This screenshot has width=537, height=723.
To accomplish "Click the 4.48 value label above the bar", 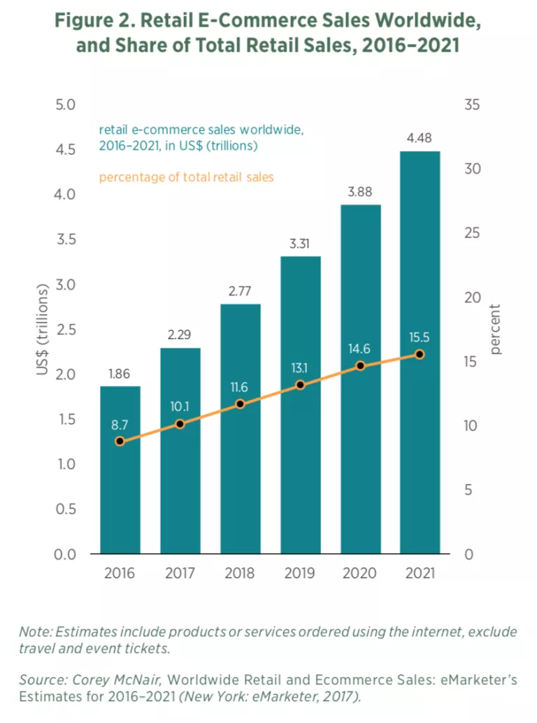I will click(x=419, y=138).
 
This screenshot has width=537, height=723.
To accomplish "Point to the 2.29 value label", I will click(x=180, y=335).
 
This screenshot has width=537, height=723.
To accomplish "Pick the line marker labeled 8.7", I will click(x=120, y=441).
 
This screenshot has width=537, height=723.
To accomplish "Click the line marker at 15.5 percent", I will click(x=420, y=355).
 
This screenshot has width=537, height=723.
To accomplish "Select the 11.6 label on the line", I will click(x=240, y=387).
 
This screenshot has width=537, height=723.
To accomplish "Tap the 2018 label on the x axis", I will click(x=240, y=573).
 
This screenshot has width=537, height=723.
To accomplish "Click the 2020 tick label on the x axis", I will click(x=359, y=573).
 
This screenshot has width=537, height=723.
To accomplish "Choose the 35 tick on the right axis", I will click(x=473, y=105).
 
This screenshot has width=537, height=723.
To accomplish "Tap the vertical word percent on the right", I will click(x=496, y=329).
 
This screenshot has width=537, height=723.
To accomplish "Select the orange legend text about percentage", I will click(x=186, y=178).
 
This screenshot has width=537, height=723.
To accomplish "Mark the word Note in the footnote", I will click(x=33, y=632).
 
